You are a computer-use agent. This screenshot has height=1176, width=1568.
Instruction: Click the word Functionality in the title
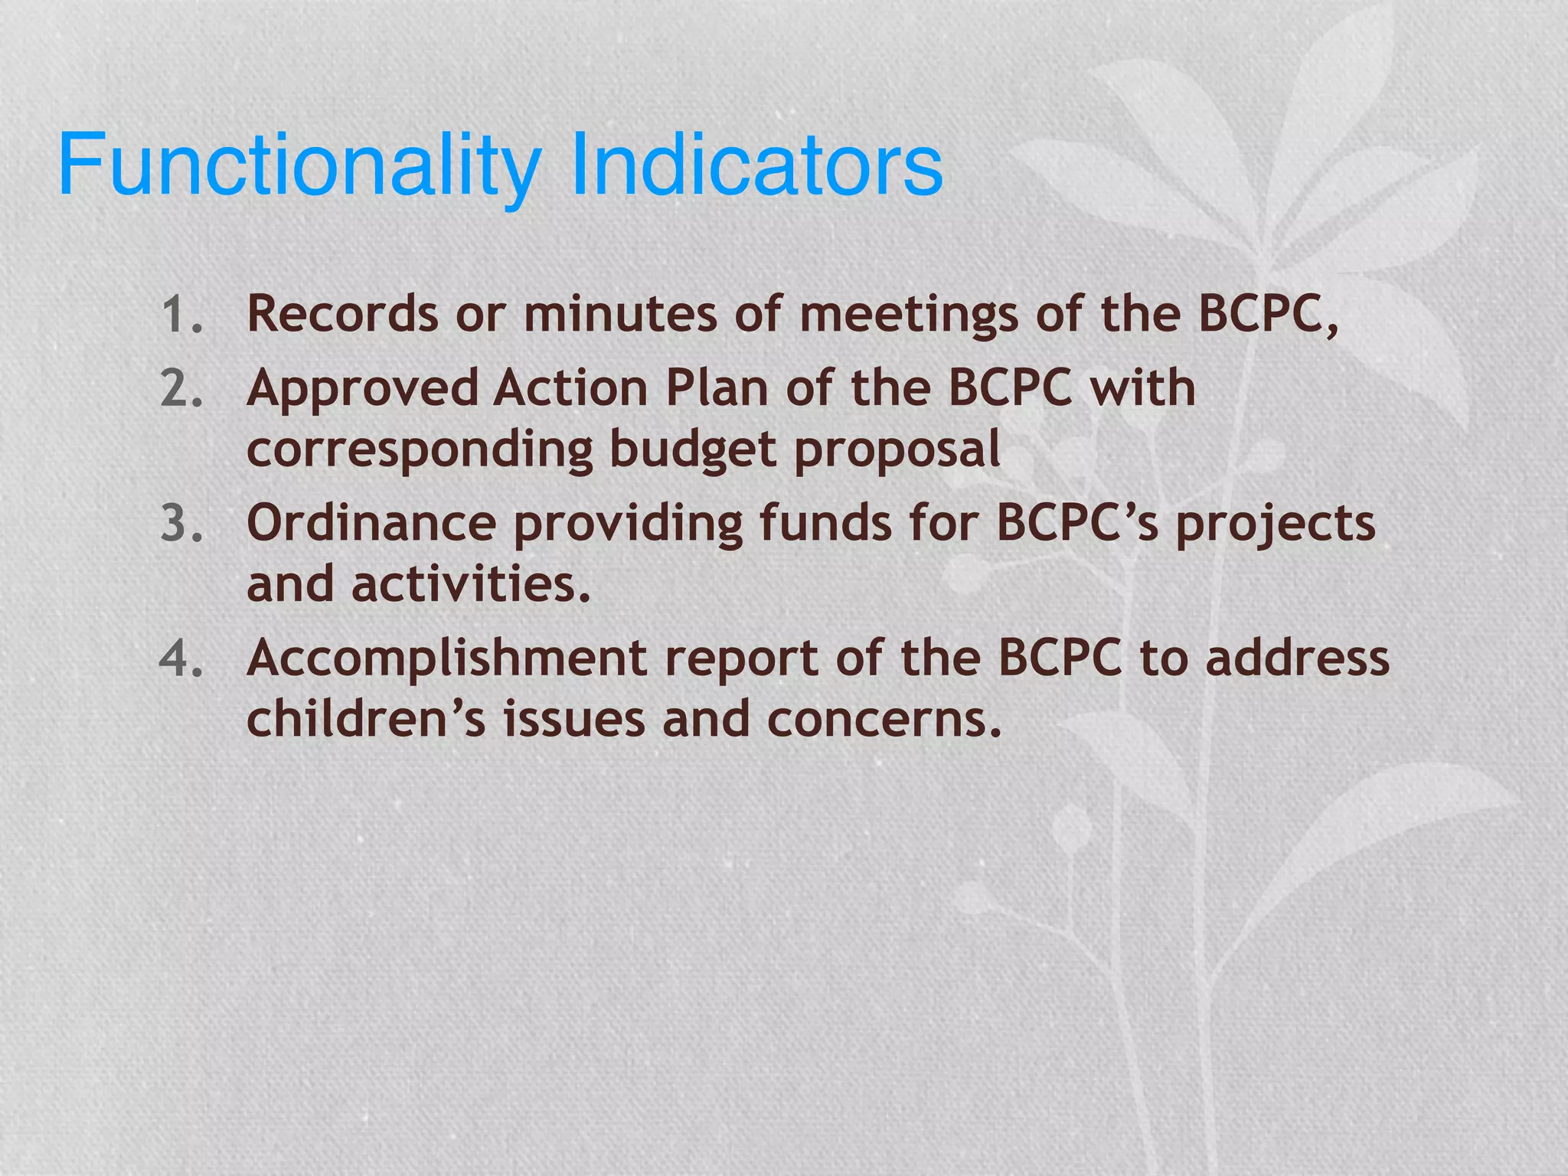pos(299,165)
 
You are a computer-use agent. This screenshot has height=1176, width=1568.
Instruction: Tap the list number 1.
pos(181,315)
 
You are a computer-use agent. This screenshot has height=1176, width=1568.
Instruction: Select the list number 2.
pos(181,389)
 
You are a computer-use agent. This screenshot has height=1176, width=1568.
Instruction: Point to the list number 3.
pos(181,524)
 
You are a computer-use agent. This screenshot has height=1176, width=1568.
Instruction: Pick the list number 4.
pos(181,658)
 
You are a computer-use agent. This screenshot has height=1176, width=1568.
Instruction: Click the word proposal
pos(897,450)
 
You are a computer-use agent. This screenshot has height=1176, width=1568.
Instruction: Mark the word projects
pos(1276,525)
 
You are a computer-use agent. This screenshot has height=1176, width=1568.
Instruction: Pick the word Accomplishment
pos(446,658)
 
